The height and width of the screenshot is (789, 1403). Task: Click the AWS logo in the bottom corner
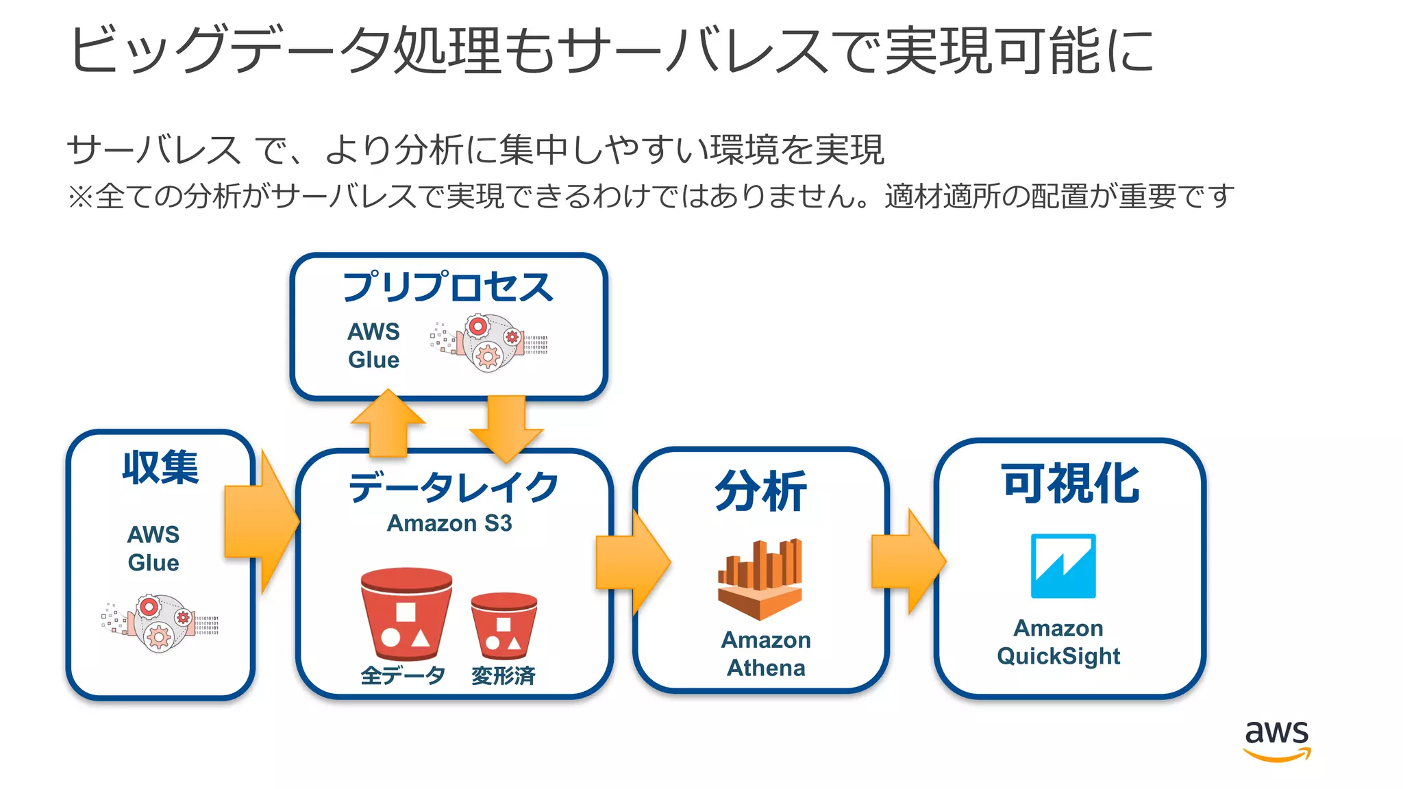point(1276,740)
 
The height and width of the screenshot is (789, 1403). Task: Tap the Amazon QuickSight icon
point(1063,566)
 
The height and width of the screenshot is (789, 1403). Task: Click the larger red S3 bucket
point(406,613)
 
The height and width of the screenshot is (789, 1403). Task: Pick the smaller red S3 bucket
point(504,623)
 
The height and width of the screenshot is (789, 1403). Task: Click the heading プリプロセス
point(447,287)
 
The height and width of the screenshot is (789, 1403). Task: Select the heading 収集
point(160,468)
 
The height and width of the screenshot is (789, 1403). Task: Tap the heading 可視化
point(1070,484)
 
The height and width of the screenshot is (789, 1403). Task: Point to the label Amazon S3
point(449,523)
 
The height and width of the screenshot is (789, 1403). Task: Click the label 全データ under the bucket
point(403,675)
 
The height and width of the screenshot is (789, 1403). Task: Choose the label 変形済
point(503,675)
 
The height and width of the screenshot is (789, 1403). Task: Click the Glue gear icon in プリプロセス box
point(489,342)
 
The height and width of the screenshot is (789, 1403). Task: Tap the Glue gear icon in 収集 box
point(160,623)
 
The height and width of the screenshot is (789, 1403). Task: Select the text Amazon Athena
point(766,653)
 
